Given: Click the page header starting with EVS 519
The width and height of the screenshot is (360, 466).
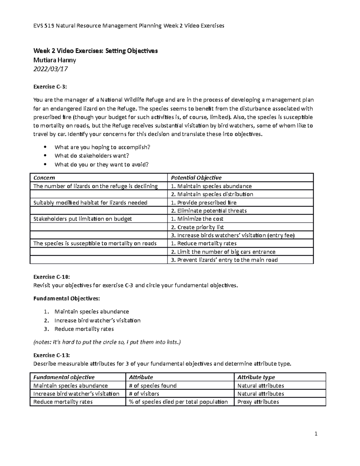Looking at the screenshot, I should (129, 26).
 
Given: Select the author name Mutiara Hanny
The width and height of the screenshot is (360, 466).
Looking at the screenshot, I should (55, 60).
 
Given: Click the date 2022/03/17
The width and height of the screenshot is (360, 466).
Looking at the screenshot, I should (50, 69).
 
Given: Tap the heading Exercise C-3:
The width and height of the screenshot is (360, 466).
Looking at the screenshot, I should (50, 87).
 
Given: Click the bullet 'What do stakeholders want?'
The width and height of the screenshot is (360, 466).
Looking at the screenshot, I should (92, 156).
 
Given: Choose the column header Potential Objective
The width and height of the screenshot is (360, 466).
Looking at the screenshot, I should (196, 178).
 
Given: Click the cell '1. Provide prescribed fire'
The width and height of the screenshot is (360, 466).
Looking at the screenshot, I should (204, 203).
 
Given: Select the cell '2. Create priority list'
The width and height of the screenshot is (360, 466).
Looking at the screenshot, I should (197, 227).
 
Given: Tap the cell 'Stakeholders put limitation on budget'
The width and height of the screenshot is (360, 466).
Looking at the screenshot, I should (82, 219).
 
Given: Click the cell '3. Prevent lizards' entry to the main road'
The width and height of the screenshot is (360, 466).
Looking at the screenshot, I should (224, 260).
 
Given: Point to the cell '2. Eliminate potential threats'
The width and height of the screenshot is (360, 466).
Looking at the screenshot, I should (208, 211).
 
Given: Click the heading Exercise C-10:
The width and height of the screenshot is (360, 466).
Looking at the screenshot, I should (51, 277).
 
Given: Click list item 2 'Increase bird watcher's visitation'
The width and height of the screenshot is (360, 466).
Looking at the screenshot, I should (97, 320).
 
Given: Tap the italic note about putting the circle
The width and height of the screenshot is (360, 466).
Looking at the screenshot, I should (107, 342).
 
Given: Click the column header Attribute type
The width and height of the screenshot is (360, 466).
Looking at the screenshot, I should (256, 377).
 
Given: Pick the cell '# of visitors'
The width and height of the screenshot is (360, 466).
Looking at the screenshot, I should (144, 394).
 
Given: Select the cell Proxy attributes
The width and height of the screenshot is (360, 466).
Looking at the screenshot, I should (258, 402).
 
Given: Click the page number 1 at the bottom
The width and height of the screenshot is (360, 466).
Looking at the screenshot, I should (316, 434).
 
